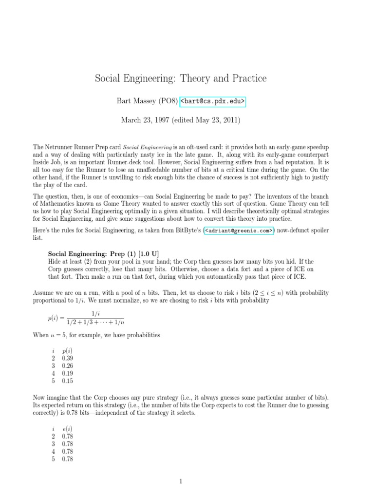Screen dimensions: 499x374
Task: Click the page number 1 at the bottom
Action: [181, 482]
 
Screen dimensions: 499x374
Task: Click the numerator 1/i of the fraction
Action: [95, 313]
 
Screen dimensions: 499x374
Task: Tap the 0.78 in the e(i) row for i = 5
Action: [68, 459]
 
